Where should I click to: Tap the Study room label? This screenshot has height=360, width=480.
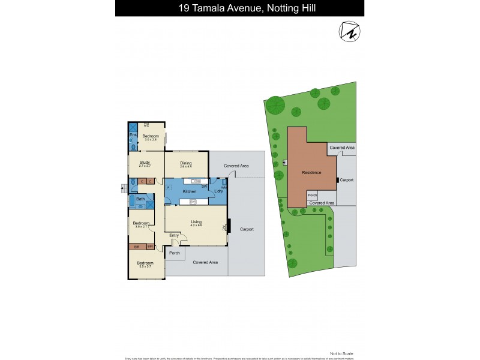[145, 161]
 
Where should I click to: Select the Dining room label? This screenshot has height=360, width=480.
[186, 163]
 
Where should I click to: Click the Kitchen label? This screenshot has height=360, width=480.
[190, 191]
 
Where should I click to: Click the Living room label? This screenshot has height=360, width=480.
[196, 222]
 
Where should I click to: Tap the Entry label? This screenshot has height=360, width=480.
[174, 235]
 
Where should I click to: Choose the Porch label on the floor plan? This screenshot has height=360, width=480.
[175, 253]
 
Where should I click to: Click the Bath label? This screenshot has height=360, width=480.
[140, 199]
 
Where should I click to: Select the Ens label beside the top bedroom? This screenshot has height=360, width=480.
[133, 135]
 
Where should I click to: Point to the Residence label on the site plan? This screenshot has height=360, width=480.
[311, 172]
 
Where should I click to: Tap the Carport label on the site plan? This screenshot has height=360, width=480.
[346, 179]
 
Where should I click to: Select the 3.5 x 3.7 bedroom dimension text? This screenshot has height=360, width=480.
[145, 267]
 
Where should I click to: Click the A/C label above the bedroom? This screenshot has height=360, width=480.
[146, 125]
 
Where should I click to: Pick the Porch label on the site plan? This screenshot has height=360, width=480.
[313, 195]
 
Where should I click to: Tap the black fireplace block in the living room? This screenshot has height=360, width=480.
[228, 227]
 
